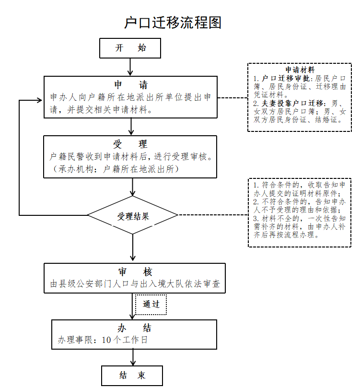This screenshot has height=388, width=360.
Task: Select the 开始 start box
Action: pyautogui.click(x=130, y=48)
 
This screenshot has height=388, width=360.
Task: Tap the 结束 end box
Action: pyautogui.click(x=132, y=376)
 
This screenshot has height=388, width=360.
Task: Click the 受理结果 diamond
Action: pyautogui.click(x=133, y=216)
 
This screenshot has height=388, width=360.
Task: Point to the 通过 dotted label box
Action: pyautogui.click(x=151, y=304)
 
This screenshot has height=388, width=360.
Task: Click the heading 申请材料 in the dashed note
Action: pyautogui.click(x=300, y=70)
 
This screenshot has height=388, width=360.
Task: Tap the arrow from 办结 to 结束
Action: pyautogui.click(x=133, y=357)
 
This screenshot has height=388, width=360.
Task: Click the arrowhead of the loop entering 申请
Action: pyautogui.click(x=39, y=101)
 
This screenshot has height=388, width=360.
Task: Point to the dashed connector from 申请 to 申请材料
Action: pyautogui.click(x=232, y=98)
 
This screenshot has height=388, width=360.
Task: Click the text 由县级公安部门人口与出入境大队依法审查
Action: pyautogui.click(x=135, y=284)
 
